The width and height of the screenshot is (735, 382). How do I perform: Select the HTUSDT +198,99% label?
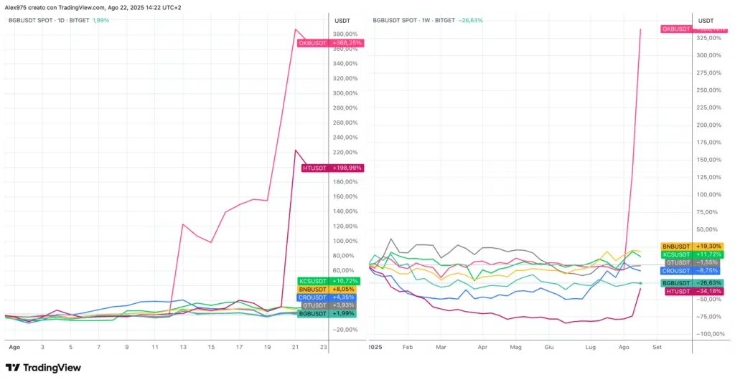coord(332,168)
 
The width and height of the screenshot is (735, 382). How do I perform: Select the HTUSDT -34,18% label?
coord(693,291)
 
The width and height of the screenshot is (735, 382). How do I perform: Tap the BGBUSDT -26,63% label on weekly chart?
coord(693,283)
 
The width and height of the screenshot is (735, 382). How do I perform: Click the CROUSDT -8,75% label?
coord(693,271)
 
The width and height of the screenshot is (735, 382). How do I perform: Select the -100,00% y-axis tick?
coord(708,334)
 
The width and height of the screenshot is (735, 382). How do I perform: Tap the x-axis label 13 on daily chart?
coord(183,346)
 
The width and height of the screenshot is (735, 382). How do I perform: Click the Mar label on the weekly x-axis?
coord(441,346)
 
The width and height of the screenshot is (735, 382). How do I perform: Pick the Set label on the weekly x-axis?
coord(657,346)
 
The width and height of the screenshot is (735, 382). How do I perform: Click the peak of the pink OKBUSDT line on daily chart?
coord(295,29)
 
